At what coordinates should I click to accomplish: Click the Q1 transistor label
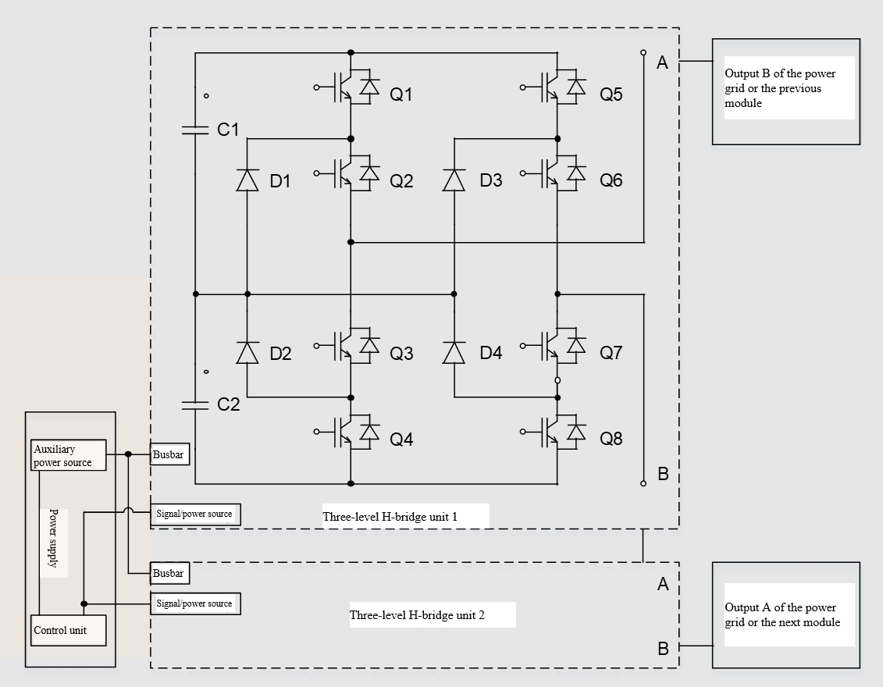click(x=401, y=94)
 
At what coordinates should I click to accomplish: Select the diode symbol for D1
click(x=247, y=180)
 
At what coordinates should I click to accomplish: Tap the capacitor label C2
click(x=229, y=404)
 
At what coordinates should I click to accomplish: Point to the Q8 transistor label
click(x=611, y=439)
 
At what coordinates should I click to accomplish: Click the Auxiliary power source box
click(x=69, y=456)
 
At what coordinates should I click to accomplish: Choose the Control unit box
click(x=69, y=630)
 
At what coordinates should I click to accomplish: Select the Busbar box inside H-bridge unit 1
click(x=169, y=454)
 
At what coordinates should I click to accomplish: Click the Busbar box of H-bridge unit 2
click(x=169, y=574)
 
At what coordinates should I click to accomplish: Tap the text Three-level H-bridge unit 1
click(x=390, y=516)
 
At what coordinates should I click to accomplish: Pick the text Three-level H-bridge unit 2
click(x=417, y=615)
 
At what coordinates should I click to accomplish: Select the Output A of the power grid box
click(x=785, y=615)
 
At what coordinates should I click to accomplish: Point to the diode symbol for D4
click(x=454, y=352)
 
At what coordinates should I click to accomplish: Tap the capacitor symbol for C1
click(x=195, y=130)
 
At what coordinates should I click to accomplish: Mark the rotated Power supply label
click(x=54, y=538)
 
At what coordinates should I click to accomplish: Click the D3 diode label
click(x=491, y=181)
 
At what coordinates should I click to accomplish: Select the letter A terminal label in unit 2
click(x=663, y=585)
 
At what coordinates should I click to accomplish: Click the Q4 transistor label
click(x=401, y=440)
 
